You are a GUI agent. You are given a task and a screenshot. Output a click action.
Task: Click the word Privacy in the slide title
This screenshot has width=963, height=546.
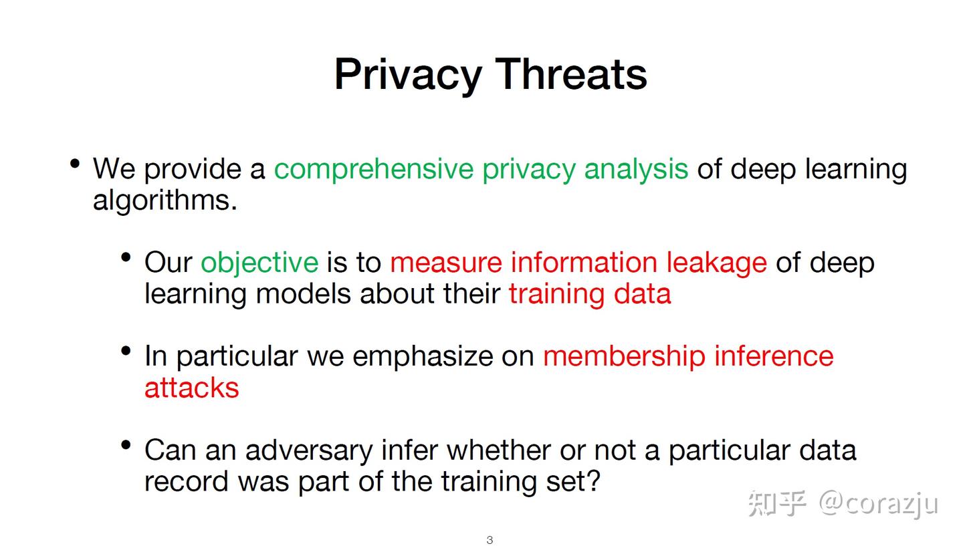407,74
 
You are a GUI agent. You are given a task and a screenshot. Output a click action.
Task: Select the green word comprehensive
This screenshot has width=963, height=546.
373,169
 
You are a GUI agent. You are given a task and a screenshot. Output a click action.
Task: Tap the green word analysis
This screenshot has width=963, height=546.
636,169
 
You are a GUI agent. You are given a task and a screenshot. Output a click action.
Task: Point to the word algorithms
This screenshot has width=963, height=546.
165,200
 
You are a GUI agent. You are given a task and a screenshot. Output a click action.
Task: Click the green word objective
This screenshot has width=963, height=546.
259,263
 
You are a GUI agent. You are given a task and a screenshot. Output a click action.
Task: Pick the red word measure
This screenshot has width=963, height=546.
445,263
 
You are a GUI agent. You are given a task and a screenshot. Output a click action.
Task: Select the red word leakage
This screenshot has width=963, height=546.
716,263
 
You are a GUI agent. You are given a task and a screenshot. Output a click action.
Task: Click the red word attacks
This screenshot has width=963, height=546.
191,388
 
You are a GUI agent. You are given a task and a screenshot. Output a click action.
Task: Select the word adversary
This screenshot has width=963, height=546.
308,450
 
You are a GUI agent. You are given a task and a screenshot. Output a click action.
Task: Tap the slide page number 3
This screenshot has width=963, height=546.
490,540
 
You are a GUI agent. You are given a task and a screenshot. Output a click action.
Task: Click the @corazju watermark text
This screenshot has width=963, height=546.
878,503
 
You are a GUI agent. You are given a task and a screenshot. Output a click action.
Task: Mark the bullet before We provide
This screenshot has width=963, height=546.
75,163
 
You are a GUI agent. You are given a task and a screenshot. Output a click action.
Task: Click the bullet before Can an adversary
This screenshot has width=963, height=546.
126,444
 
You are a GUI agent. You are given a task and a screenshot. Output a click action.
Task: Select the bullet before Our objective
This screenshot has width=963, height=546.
126,257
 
